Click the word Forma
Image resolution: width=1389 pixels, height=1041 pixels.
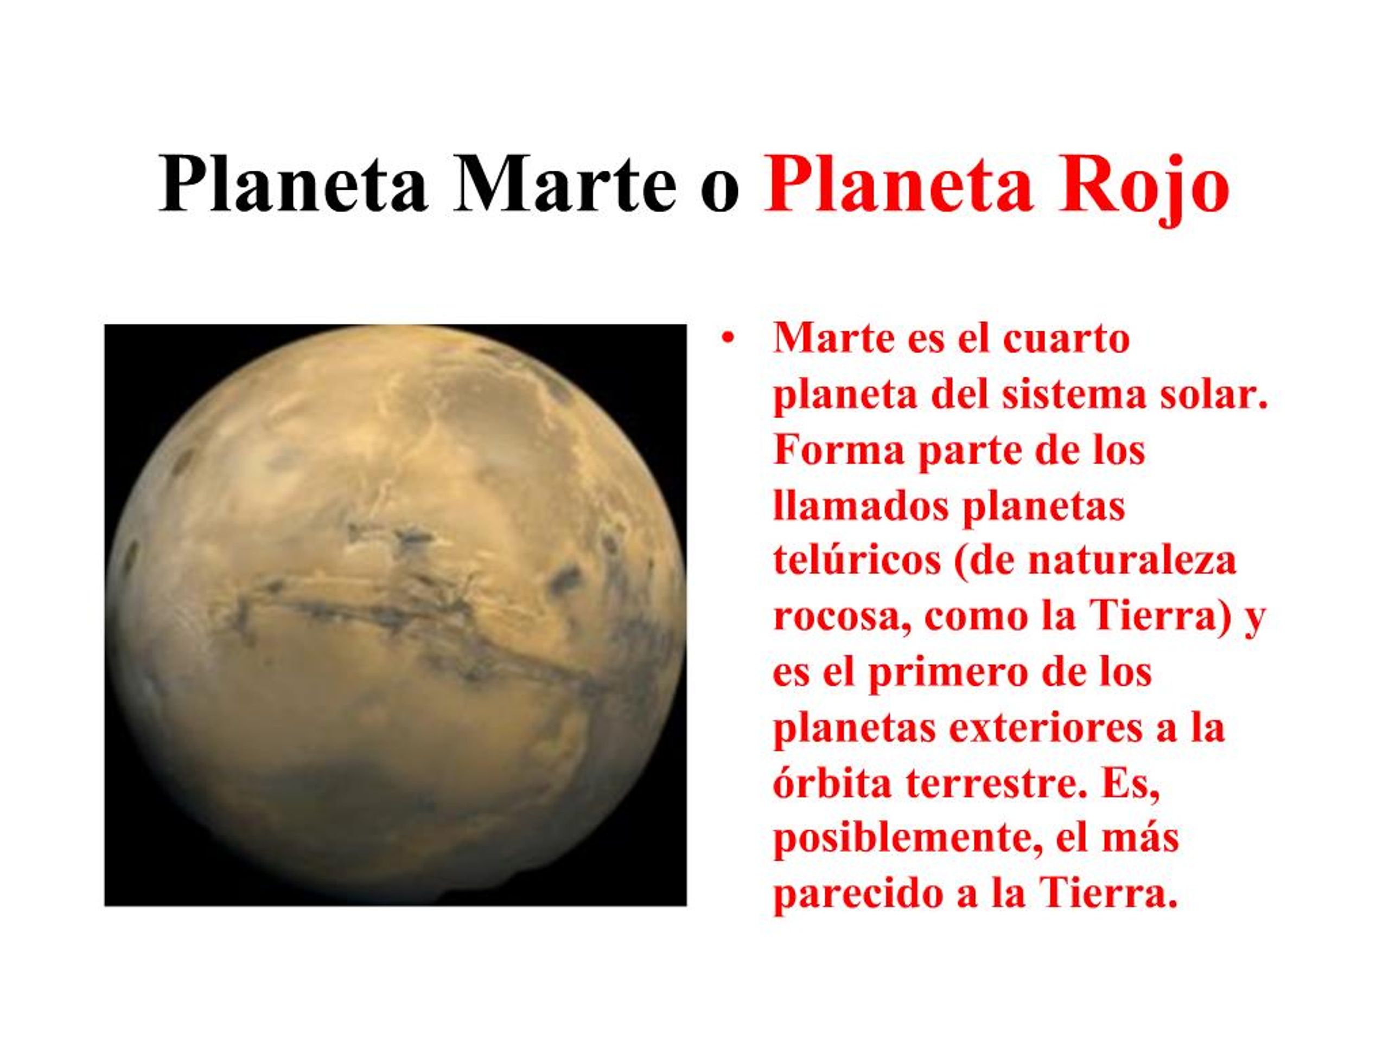(839, 451)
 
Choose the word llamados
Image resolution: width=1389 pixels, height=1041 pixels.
(861, 506)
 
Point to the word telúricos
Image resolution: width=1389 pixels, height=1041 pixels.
(857, 562)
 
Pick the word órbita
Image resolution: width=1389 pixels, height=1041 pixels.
(832, 785)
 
